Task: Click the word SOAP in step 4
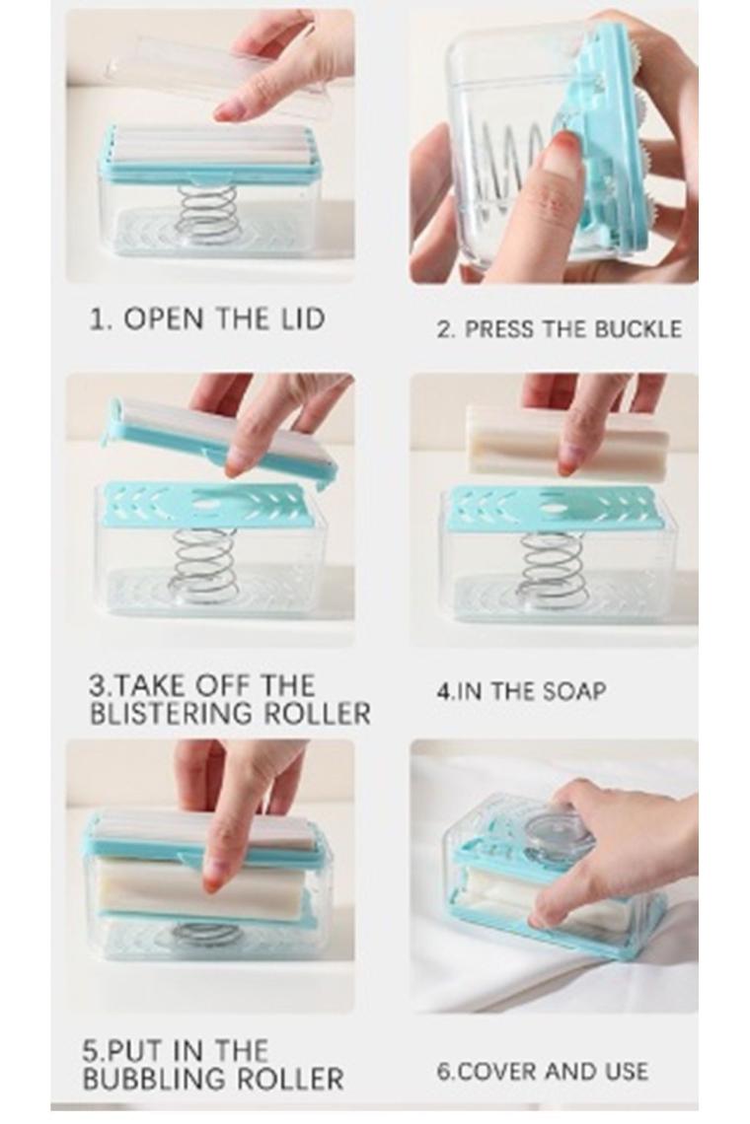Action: pos(575,691)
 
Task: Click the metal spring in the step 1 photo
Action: pos(207,214)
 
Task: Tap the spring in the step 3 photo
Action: pos(203,565)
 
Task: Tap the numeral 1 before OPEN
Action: pos(96,319)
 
